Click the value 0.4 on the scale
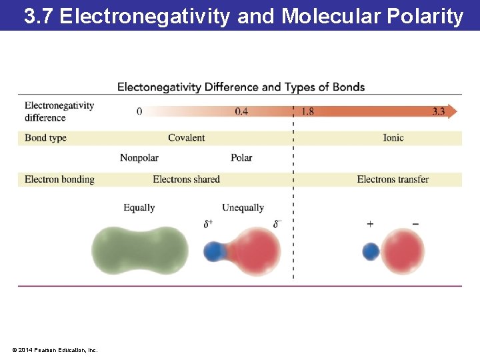pyautogui.click(x=241, y=111)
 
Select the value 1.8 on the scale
pyautogui.click(x=307, y=111)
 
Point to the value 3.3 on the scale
pyautogui.click(x=438, y=111)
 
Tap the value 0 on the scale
pyautogui.click(x=139, y=111)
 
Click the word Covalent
pyautogui.click(x=186, y=138)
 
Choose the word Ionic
pyautogui.click(x=393, y=138)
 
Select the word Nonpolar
pyautogui.click(x=139, y=158)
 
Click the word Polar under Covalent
pyautogui.click(x=241, y=158)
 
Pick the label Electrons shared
pyautogui.click(x=186, y=179)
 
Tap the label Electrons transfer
pyautogui.click(x=393, y=179)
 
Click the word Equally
pyautogui.click(x=139, y=208)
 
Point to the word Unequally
pyautogui.click(x=243, y=208)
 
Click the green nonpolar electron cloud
pyautogui.click(x=140, y=251)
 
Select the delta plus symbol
pyautogui.click(x=208, y=224)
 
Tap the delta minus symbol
pyautogui.click(x=277, y=224)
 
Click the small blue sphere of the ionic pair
pyautogui.click(x=371, y=252)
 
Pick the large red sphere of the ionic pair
pyautogui.click(x=403, y=251)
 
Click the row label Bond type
pyautogui.click(x=45, y=138)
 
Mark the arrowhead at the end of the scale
pyautogui.click(x=453, y=111)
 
